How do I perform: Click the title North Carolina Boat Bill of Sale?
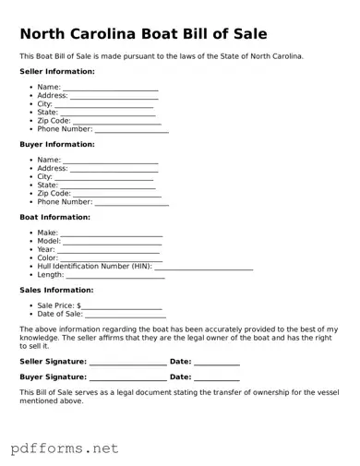click(x=144, y=34)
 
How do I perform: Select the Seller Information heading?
click(x=57, y=71)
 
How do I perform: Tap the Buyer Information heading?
click(x=57, y=144)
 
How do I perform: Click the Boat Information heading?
click(x=55, y=217)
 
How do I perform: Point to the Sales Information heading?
click(x=56, y=290)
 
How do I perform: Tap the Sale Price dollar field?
click(x=122, y=306)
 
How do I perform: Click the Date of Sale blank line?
click(x=126, y=316)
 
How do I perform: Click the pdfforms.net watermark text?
click(x=65, y=448)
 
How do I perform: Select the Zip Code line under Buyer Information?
click(x=117, y=195)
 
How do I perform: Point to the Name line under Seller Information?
click(x=111, y=89)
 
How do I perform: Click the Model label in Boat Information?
click(x=48, y=241)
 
